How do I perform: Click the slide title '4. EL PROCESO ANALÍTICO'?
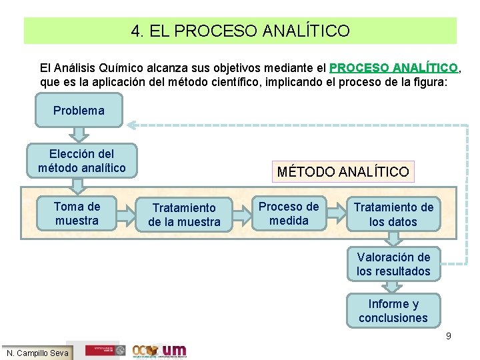[x=240, y=31]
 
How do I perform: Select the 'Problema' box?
[x=79, y=111]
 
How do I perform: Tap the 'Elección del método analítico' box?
[x=81, y=161]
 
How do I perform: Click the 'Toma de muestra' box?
[x=77, y=213]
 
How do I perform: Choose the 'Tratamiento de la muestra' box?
[x=184, y=215]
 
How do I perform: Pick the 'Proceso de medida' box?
[x=289, y=213]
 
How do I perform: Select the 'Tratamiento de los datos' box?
[x=393, y=215]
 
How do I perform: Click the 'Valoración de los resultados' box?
[x=393, y=264]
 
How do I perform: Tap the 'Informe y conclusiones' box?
[x=393, y=311]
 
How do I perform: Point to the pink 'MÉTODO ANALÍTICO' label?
[x=343, y=172]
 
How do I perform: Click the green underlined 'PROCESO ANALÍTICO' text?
[x=394, y=68]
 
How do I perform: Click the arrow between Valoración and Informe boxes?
[x=393, y=287]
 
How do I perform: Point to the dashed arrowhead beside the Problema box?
[x=133, y=124]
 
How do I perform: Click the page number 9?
[x=449, y=336]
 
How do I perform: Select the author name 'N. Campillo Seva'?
[x=37, y=353]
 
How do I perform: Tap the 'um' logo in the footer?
[x=175, y=350]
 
